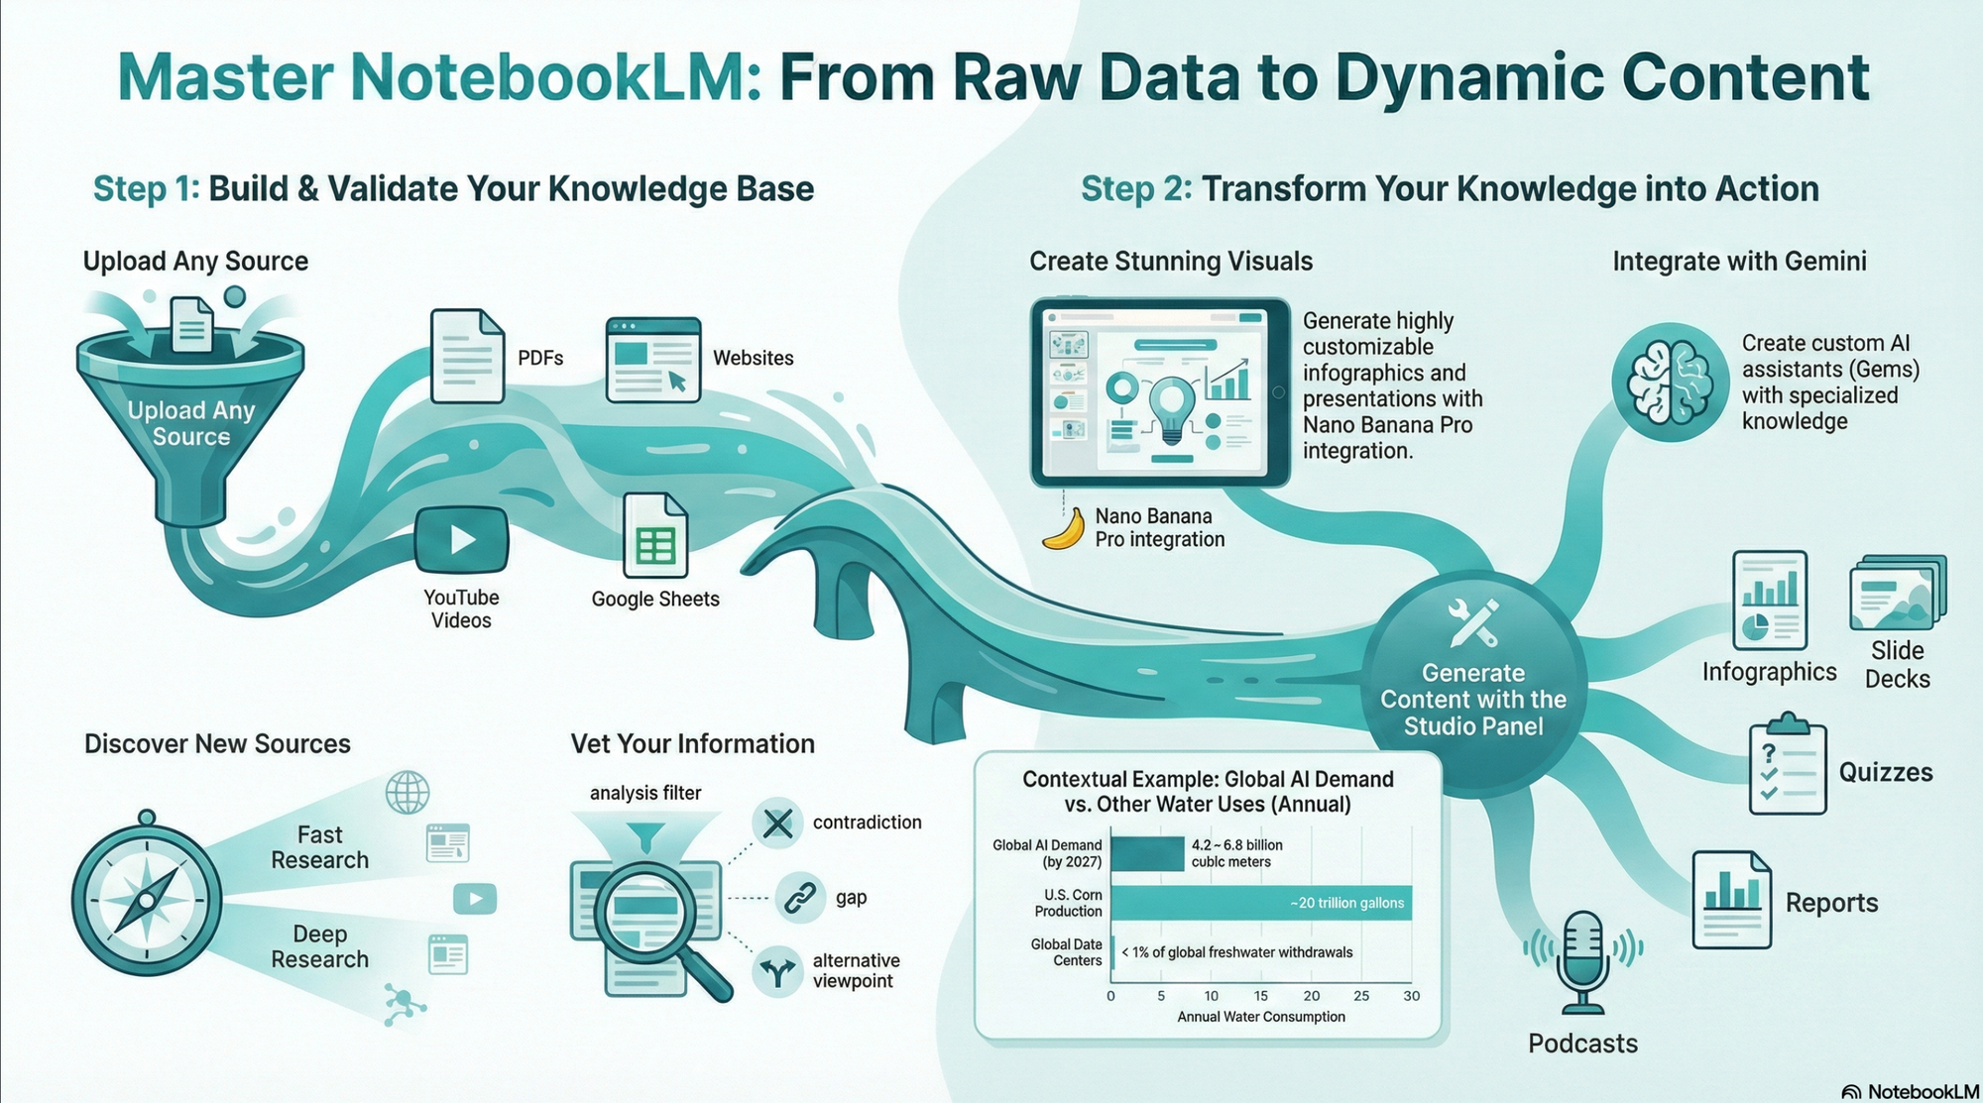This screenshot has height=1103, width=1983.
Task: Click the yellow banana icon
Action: click(1063, 529)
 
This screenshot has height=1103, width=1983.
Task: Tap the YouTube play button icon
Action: click(462, 540)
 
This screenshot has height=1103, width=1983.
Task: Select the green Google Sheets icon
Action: click(655, 536)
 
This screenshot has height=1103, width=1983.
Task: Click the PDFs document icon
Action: click(467, 357)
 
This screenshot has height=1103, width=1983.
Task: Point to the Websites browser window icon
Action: click(652, 360)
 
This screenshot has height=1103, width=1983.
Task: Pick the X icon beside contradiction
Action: click(778, 823)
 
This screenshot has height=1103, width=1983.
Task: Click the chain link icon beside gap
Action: click(799, 898)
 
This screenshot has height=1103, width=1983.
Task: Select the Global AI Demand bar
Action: click(1147, 853)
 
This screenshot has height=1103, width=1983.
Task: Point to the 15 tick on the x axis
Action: click(1260, 996)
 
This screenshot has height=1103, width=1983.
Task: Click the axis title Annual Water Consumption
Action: click(1261, 1017)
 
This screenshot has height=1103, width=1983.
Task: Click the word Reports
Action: click(1831, 903)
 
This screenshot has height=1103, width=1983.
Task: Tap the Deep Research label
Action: click(319, 946)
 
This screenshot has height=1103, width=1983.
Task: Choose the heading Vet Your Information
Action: click(692, 744)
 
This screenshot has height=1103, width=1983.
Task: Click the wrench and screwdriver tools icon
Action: click(1472, 621)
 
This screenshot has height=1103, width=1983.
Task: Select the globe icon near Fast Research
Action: click(408, 793)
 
